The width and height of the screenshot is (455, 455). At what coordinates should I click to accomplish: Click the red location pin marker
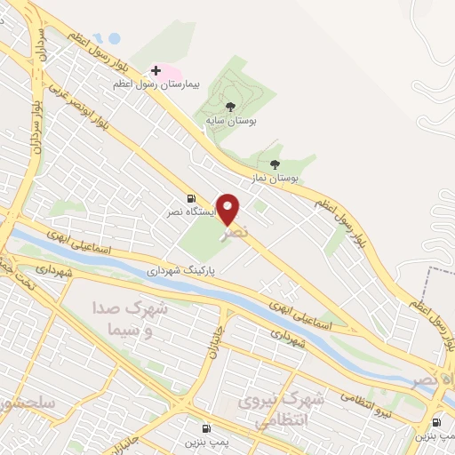pyautogui.click(x=228, y=209)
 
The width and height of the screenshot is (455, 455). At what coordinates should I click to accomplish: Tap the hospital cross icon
pyautogui.click(x=156, y=69)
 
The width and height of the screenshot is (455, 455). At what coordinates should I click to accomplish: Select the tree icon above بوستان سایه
pyautogui.click(x=231, y=106)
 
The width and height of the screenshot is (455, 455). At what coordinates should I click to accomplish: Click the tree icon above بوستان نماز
pyautogui.click(x=275, y=164)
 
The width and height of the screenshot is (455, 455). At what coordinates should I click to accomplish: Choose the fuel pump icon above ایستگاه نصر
pyautogui.click(x=190, y=198)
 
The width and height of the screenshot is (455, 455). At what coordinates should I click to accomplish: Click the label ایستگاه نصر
pyautogui.click(x=188, y=213)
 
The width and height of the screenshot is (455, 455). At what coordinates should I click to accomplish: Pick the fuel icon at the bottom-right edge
pyautogui.click(x=437, y=423)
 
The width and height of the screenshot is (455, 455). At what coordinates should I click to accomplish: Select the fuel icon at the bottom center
pyautogui.click(x=206, y=427)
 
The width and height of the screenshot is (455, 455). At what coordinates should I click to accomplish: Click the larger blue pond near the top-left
pyautogui.click(x=113, y=38)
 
